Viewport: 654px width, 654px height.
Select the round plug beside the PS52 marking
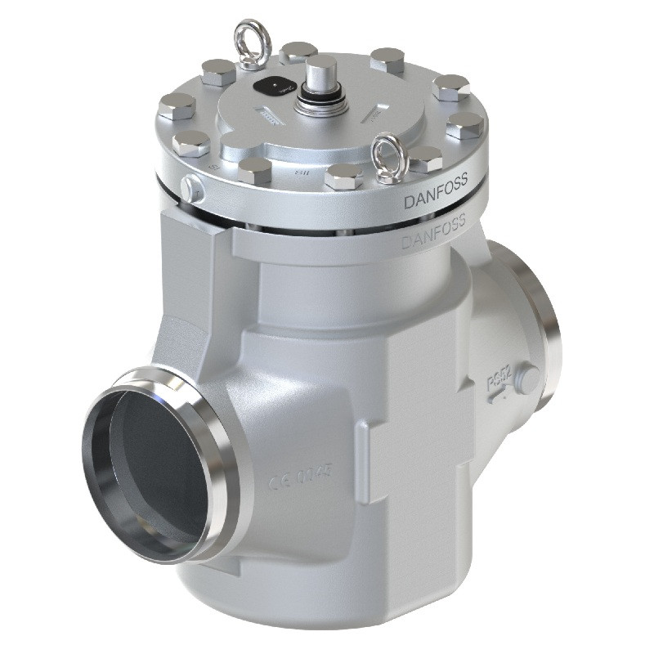pyautogui.click(x=530, y=378)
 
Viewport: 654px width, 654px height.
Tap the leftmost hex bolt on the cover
pyautogui.click(x=177, y=105)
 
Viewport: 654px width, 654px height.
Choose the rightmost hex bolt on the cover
pyautogui.click(x=465, y=125)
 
